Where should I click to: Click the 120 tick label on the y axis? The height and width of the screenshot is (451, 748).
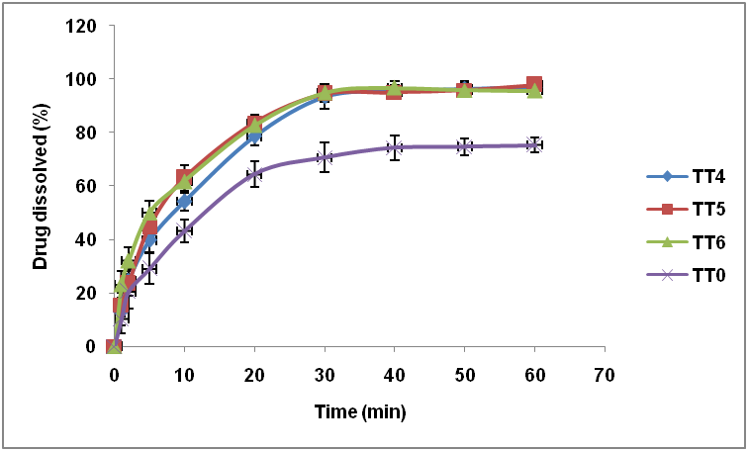(x=82, y=26)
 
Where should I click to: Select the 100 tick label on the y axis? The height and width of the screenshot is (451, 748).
(x=82, y=79)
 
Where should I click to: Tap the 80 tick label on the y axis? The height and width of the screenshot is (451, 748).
(x=86, y=133)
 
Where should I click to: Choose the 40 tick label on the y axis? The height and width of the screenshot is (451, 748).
(x=86, y=239)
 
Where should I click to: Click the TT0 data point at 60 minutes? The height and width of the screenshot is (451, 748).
(x=534, y=144)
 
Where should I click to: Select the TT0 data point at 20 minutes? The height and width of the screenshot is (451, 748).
(x=254, y=174)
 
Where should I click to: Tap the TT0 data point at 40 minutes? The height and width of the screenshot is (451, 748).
(x=395, y=148)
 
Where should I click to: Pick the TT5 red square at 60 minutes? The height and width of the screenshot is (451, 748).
(x=534, y=85)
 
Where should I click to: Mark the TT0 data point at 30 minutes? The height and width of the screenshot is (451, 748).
(x=325, y=157)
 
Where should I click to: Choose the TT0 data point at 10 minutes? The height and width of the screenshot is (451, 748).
(x=184, y=231)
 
